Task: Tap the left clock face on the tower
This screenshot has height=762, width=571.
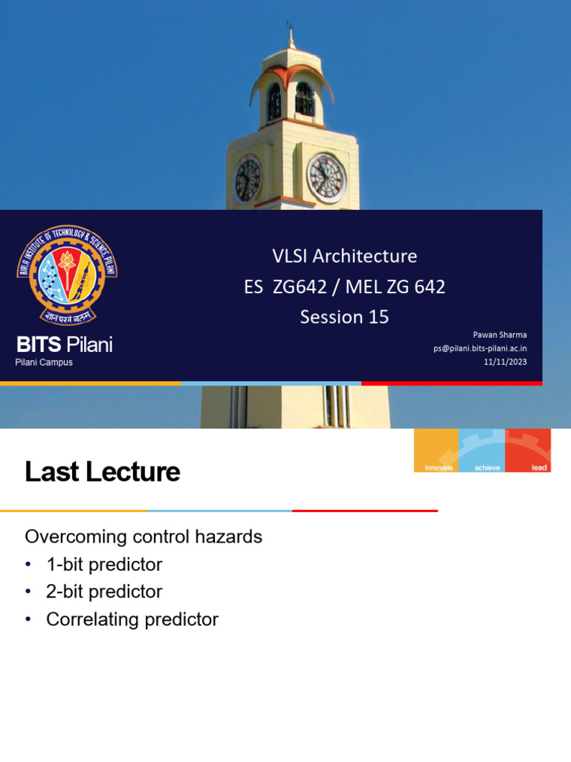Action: (x=248, y=179)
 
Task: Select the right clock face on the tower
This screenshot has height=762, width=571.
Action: (x=327, y=178)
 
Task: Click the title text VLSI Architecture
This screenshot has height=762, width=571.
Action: (x=344, y=256)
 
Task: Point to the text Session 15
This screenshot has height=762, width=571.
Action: (x=344, y=317)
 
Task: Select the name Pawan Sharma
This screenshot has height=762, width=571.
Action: (x=500, y=335)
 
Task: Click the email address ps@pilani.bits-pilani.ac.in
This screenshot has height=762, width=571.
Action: (x=480, y=348)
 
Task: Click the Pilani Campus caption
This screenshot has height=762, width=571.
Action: (x=44, y=362)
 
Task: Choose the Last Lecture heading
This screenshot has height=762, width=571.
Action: (x=103, y=472)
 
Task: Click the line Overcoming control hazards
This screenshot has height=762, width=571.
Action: (x=143, y=537)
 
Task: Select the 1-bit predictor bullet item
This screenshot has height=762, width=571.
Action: (x=104, y=564)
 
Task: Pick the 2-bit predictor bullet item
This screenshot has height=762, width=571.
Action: (x=104, y=592)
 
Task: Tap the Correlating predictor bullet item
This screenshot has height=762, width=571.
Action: (x=132, y=619)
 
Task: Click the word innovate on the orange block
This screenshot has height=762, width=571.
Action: (x=439, y=467)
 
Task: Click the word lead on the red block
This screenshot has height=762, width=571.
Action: (x=539, y=467)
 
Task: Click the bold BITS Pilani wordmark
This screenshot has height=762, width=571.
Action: (x=65, y=345)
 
